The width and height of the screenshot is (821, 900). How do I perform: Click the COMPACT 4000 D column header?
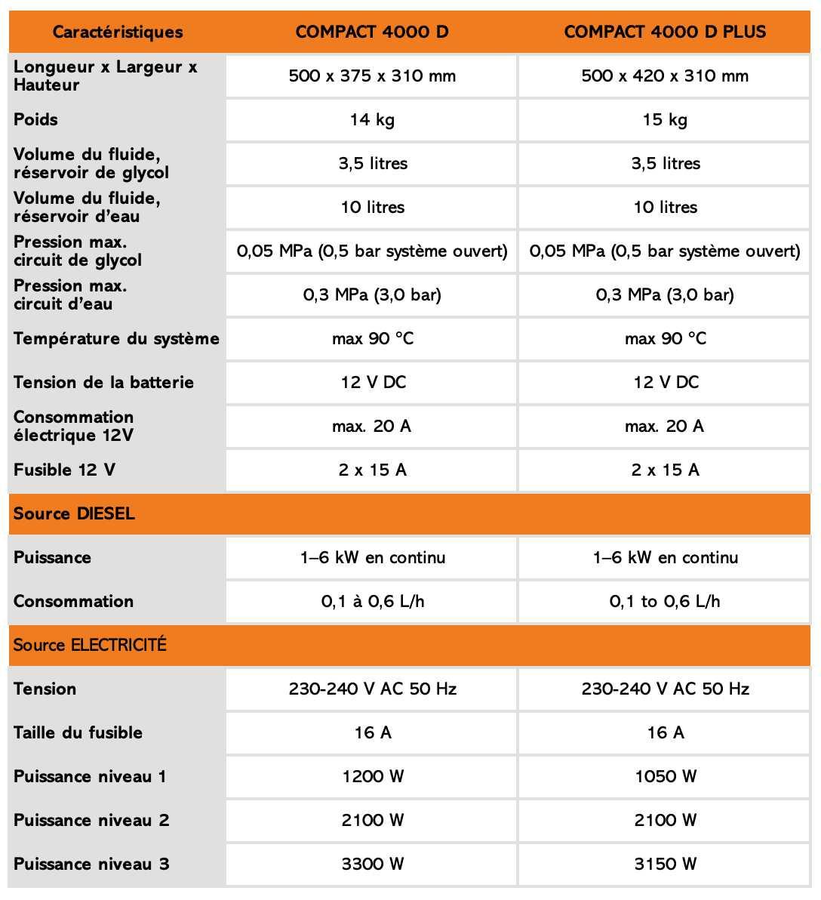click(x=372, y=32)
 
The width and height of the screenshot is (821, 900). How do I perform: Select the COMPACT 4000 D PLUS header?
click(x=665, y=32)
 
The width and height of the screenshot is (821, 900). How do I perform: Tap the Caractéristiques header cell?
click(x=118, y=32)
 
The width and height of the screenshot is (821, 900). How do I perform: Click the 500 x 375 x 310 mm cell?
click(x=372, y=76)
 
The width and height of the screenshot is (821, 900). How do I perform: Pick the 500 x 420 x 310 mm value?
click(x=665, y=76)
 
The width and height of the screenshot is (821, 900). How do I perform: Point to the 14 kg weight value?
click(x=372, y=119)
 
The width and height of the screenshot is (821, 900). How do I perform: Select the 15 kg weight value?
click(x=665, y=119)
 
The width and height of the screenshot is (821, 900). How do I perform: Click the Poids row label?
click(x=36, y=119)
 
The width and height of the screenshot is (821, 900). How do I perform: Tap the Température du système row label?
click(x=116, y=338)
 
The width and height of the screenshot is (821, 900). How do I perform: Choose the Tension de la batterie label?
click(x=103, y=382)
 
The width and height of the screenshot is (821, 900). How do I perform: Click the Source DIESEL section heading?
click(x=74, y=513)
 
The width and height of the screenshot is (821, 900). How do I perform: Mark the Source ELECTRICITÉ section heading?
click(x=90, y=645)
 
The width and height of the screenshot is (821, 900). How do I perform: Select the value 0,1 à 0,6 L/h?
click(x=372, y=601)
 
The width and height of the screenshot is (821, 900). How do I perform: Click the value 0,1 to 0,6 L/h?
click(x=665, y=601)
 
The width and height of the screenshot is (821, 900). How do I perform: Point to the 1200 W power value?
click(x=372, y=776)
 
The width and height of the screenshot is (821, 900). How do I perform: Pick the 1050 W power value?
click(x=665, y=776)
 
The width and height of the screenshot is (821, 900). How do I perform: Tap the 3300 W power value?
click(x=372, y=864)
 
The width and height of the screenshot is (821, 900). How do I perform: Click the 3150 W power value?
click(x=665, y=864)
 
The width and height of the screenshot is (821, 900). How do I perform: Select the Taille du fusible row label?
click(x=78, y=732)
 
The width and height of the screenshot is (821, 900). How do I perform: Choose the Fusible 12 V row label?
click(x=64, y=470)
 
